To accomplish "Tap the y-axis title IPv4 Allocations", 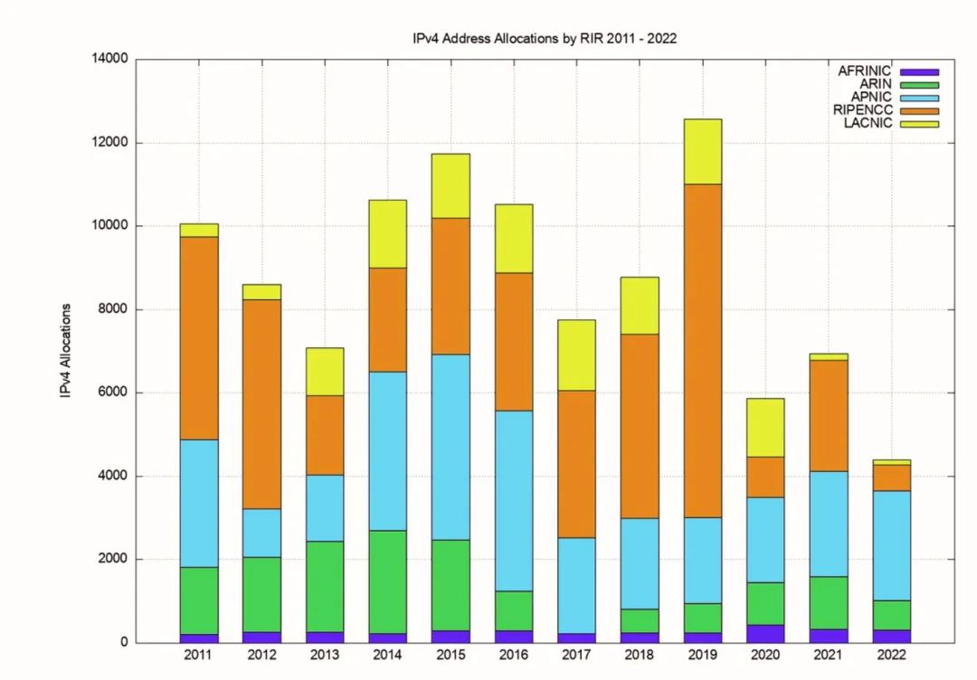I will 65,351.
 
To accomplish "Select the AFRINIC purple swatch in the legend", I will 919,71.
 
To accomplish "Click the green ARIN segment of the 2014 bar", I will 387,581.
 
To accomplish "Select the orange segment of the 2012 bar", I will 261,403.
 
